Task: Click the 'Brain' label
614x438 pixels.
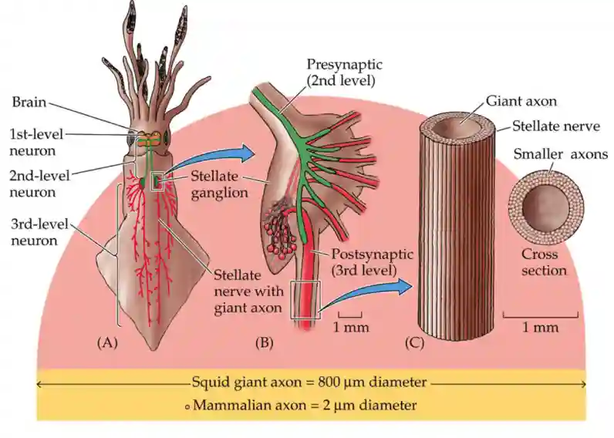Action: [29, 101]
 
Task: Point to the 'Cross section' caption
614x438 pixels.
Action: [545, 262]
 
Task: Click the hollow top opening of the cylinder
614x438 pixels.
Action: [461, 123]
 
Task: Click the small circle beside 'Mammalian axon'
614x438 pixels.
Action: [187, 406]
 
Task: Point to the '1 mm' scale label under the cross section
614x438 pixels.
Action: [540, 328]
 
